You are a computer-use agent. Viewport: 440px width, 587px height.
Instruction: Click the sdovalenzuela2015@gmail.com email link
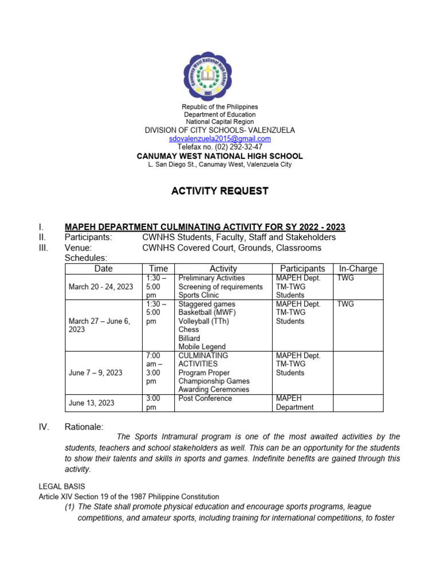click(219, 139)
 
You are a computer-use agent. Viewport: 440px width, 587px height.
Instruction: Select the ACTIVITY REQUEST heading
click(219, 191)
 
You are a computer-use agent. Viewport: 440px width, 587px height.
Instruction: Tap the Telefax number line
click(219, 147)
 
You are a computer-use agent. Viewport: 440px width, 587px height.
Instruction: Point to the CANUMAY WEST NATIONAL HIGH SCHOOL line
click(219, 156)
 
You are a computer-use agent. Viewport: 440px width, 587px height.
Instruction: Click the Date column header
click(103, 268)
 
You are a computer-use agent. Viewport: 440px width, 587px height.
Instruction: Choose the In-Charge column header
click(357, 268)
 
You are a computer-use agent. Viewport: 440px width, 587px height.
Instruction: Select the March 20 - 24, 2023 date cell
click(100, 287)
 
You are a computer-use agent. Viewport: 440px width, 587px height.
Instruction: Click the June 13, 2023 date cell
click(92, 403)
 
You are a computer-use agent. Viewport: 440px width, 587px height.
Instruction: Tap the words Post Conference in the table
click(205, 398)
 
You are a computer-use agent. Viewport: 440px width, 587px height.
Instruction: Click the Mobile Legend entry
click(202, 347)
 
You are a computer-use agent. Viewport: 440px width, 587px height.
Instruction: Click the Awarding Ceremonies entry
click(214, 390)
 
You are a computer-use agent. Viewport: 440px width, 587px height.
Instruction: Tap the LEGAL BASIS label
click(62, 486)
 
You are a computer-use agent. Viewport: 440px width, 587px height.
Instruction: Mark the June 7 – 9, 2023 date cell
click(95, 373)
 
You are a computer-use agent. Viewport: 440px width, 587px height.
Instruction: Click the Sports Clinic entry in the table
click(198, 295)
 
